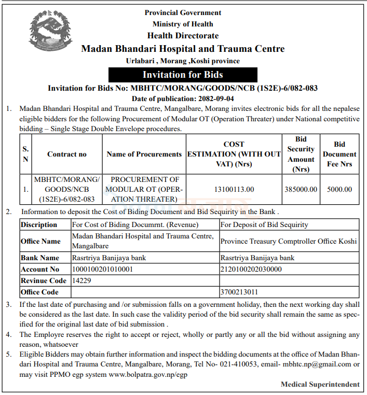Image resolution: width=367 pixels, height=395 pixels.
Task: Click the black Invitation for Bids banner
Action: tap(183, 75)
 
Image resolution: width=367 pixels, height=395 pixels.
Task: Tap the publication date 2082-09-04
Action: tap(213, 98)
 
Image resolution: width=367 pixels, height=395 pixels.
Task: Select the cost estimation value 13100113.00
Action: tap(234, 189)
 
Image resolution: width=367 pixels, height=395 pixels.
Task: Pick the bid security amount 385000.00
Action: tap(301, 189)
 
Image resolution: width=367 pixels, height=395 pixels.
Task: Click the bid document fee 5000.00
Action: tap(339, 189)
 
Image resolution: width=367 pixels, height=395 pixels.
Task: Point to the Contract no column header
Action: tap(67, 154)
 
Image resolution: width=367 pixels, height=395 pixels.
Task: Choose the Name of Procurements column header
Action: tap(144, 154)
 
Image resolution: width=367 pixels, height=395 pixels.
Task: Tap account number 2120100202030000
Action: tap(251, 269)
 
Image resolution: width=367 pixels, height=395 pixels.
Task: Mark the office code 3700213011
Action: tap(239, 292)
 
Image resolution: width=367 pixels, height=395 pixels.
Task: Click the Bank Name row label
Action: tap(40, 258)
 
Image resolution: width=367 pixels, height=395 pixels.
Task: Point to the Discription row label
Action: tap(39, 224)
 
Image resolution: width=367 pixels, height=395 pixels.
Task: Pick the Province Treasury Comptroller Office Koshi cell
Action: tap(289, 241)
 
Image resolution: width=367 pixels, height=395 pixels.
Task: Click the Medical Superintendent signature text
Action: tap(320, 384)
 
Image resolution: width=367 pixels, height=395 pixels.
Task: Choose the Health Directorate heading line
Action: tap(183, 36)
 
